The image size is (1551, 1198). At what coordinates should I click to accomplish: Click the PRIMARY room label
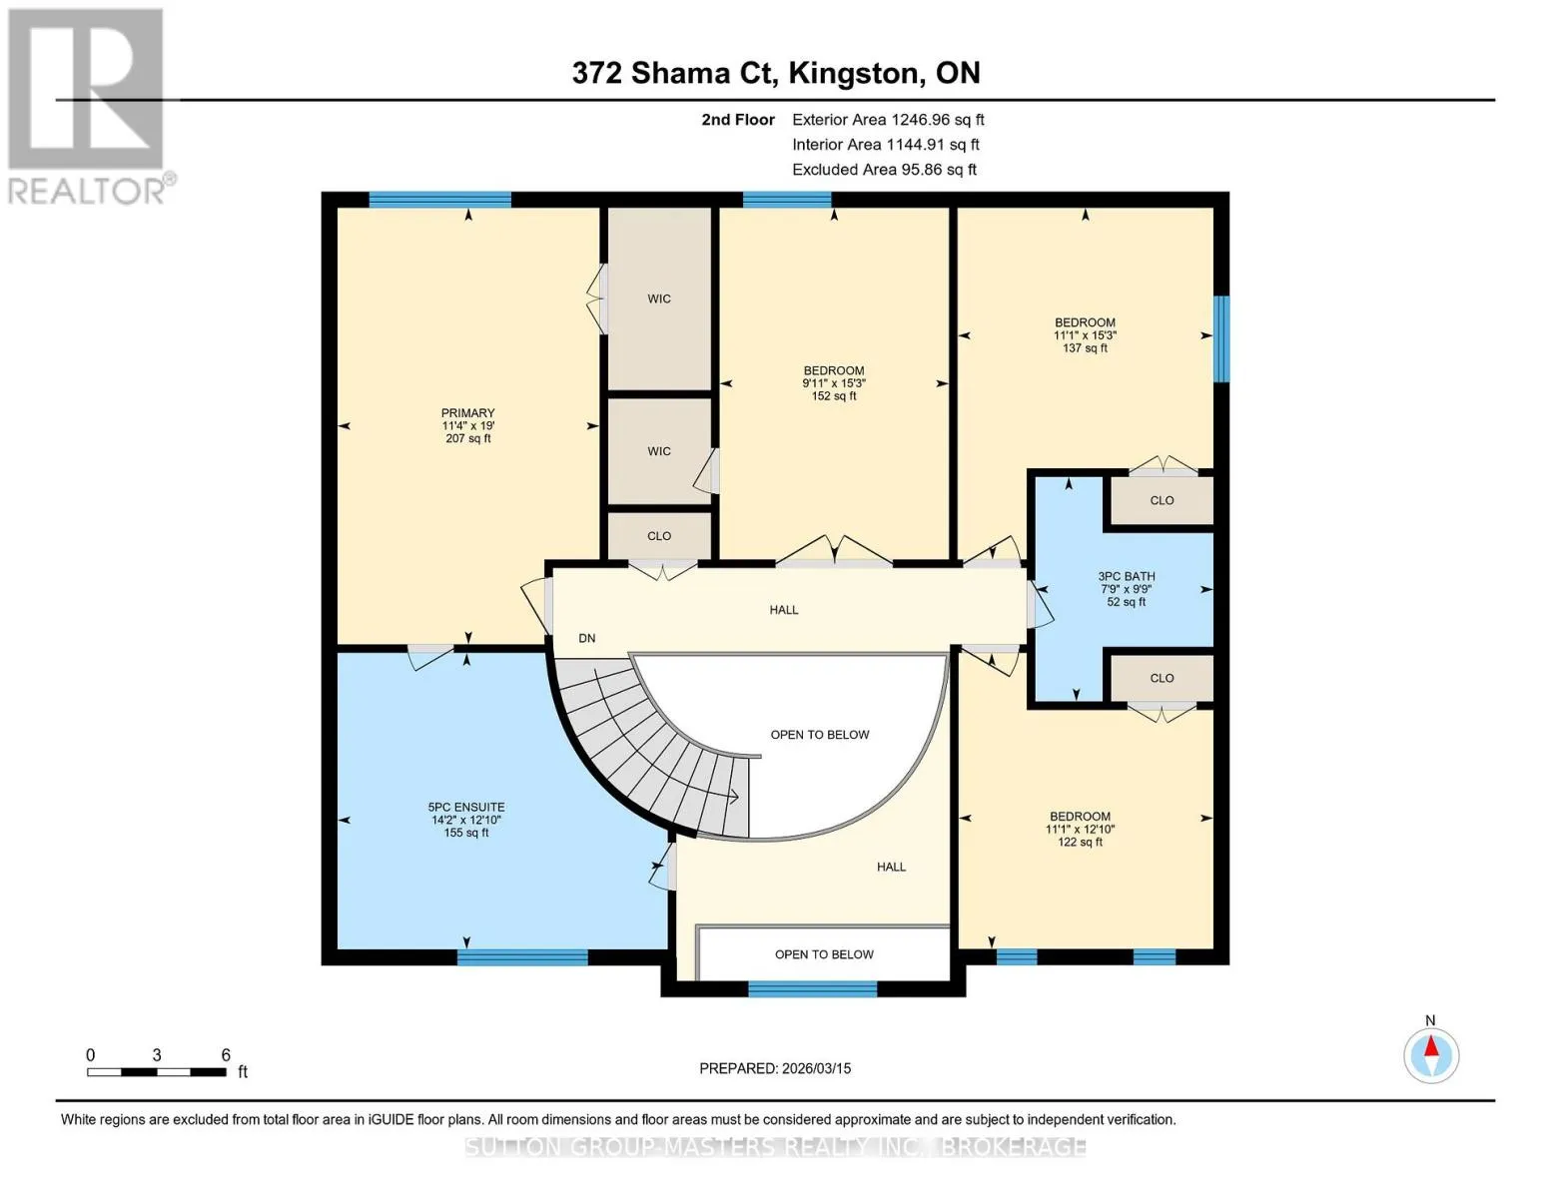[467, 425]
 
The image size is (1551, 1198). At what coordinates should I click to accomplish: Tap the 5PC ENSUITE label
[466, 819]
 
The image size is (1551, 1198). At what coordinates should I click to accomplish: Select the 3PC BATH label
[1127, 589]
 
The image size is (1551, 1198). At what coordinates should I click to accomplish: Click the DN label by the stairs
[586, 638]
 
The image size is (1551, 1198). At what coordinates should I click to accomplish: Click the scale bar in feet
[157, 1071]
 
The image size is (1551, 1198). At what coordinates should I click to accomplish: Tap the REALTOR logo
[86, 107]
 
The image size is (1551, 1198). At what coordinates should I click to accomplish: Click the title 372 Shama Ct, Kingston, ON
[776, 73]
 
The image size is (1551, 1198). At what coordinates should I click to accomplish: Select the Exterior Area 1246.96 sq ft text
[888, 120]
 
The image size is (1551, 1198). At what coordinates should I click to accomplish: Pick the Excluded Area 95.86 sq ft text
[884, 170]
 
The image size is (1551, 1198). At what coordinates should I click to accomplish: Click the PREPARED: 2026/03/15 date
[775, 1068]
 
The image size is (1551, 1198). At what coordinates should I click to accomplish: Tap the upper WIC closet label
[659, 299]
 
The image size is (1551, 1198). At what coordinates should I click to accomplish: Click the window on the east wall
[1222, 338]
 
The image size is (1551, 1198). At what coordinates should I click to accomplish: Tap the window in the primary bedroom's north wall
[439, 200]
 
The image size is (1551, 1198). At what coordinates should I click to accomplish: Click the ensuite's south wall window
[522, 956]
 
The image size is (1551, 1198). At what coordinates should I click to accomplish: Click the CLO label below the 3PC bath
[1162, 678]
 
